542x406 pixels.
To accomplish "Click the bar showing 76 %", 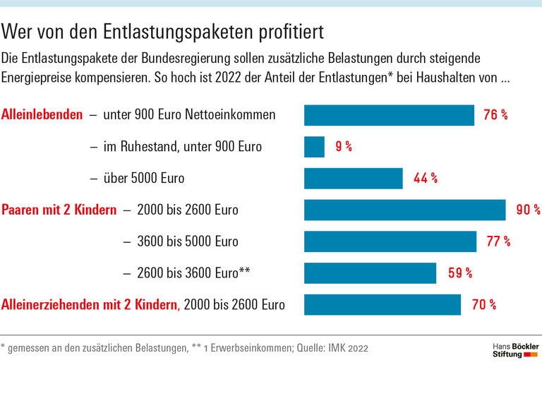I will (x=389, y=115).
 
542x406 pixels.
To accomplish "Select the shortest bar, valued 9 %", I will (x=314, y=147).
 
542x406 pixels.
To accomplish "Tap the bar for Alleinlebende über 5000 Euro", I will (x=353, y=178).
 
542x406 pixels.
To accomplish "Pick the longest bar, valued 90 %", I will (x=404, y=210).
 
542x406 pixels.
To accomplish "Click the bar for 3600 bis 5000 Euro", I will (x=390, y=241).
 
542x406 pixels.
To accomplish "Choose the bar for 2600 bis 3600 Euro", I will (x=370, y=273).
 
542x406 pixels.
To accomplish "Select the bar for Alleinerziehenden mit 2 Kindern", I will (x=383, y=304).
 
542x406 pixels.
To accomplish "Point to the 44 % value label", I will (x=425, y=179).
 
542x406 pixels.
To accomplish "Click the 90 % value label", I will (x=528, y=210).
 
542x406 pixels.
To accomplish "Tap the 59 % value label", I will (x=460, y=273).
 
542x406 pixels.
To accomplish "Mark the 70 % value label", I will (x=483, y=305).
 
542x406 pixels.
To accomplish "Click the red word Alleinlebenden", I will (x=42, y=114).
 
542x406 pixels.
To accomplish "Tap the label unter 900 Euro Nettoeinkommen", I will (x=189, y=114).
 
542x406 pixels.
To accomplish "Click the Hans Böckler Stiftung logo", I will (x=514, y=350).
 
